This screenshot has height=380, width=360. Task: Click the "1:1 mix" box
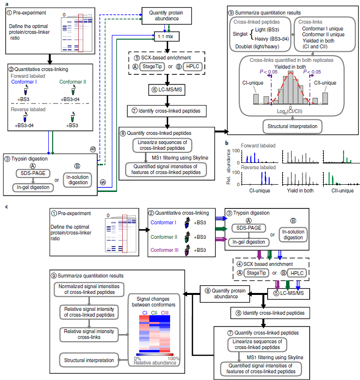[167, 37]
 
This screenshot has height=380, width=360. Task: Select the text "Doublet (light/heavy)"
[257, 46]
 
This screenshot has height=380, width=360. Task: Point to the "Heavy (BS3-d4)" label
[272, 39]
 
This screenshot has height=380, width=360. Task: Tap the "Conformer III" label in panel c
[164, 250]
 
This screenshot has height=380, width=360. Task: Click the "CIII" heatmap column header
[165, 313]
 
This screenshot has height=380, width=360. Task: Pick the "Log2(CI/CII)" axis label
[290, 112]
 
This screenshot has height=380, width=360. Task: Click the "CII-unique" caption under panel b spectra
[342, 191]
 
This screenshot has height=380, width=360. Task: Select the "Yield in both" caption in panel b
[300, 191]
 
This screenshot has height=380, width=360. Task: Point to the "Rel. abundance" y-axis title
[228, 167]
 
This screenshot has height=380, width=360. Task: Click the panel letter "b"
[227, 143]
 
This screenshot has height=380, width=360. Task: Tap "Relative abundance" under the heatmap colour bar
[155, 363]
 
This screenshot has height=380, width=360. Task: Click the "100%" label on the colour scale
[173, 358]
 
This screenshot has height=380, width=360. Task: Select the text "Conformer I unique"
[322, 29]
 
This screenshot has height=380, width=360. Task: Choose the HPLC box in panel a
[193, 66]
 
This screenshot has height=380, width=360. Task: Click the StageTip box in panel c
[256, 273]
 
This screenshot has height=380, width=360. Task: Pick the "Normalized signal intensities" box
[89, 290]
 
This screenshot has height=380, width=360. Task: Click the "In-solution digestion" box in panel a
[77, 180]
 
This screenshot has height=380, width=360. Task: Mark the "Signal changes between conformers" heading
[153, 302]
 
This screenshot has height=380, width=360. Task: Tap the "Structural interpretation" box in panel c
[89, 360]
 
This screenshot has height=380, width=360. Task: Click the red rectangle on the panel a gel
[81, 33]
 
